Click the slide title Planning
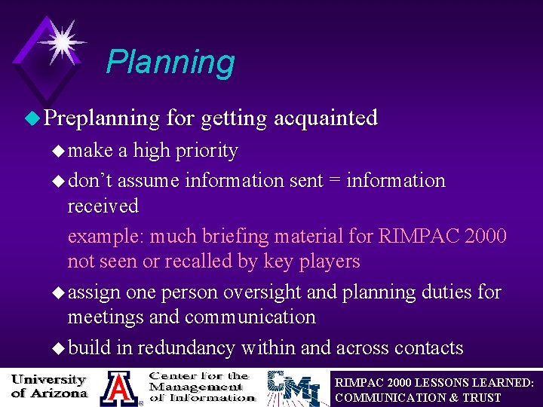tap(170, 63)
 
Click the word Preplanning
tap(101, 118)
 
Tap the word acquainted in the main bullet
tap(326, 118)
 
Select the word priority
tap(206, 151)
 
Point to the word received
tap(103, 206)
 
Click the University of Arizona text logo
tap(49, 387)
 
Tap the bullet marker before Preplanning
tap(30, 118)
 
